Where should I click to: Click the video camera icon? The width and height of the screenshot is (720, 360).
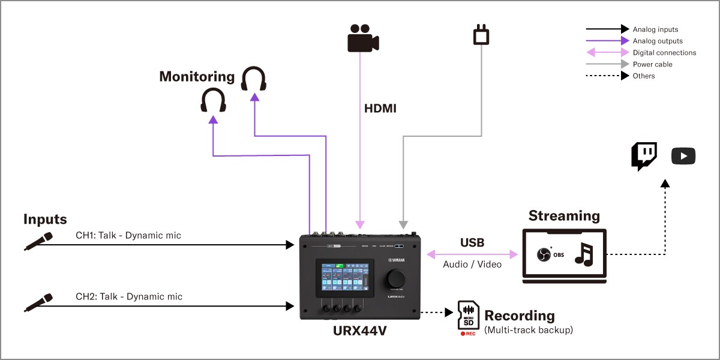[363, 38]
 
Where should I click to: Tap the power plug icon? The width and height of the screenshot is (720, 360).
[481, 35]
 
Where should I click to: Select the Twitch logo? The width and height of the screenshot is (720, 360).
[644, 157]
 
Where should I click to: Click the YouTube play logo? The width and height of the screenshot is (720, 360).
[683, 157]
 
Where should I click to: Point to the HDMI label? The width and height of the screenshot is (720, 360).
[380, 109]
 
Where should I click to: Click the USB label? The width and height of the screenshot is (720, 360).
[472, 243]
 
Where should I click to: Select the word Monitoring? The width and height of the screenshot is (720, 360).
[197, 77]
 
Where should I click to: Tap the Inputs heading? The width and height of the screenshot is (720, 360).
[45, 219]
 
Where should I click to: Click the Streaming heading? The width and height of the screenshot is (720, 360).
[563, 215]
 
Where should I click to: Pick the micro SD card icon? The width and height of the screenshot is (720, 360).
[467, 316]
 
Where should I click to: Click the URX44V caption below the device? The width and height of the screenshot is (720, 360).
[360, 330]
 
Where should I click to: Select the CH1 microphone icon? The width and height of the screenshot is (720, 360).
[38, 241]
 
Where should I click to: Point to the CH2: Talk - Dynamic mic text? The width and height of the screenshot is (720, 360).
[129, 296]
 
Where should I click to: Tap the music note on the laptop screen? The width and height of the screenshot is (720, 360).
[583, 254]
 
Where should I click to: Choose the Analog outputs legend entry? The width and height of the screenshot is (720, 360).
[658, 41]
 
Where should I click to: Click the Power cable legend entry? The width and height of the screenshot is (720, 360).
[652, 64]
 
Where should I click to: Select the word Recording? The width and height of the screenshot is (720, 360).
[520, 316]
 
